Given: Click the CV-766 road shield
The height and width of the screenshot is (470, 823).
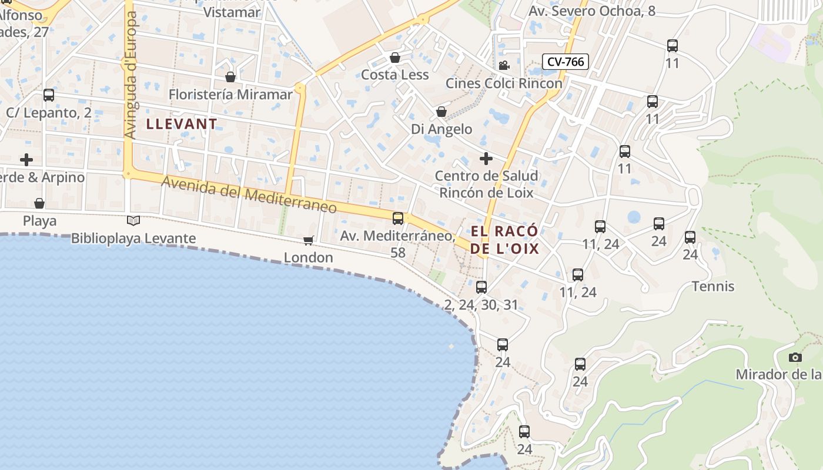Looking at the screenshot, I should point(564,61).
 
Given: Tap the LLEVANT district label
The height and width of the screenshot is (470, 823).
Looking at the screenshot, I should point(182,124).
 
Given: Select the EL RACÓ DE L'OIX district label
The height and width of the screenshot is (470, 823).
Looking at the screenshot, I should point(505,240).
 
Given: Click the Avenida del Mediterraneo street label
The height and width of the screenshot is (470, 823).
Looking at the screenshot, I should point(249,195).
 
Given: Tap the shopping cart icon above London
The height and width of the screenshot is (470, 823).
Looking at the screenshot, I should point(308,240).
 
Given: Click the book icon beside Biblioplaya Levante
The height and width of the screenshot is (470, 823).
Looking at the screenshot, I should point(133,220).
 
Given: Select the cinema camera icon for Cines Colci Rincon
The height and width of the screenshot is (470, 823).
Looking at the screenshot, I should point(504,65).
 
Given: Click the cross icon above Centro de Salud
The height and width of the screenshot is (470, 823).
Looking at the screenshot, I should point(486,158).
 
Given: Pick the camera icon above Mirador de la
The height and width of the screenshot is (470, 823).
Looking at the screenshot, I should point(795,357).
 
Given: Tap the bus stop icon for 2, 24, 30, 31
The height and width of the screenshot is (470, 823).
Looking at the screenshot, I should point(481,287).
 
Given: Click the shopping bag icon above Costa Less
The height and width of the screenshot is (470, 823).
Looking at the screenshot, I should point(395,58).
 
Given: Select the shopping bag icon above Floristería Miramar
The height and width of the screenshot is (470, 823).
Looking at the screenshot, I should point(230,77).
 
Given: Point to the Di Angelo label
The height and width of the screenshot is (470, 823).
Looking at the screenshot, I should point(441,129).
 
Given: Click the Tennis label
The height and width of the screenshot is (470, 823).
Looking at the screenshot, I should point(713,286).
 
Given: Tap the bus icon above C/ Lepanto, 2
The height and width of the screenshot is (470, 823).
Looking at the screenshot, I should point(49,95).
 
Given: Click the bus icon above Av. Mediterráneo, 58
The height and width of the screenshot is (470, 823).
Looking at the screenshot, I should point(398,219).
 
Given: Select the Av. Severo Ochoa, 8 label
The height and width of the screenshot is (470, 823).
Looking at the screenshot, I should point(592,11).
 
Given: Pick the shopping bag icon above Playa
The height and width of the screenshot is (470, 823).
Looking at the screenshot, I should point(39,203).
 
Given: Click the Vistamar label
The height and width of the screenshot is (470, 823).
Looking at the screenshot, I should point(232,12).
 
